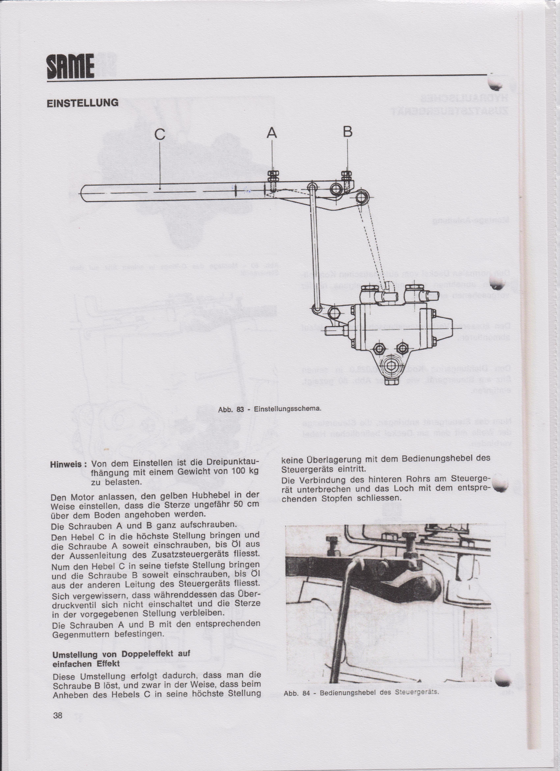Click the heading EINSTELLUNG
click(83, 103)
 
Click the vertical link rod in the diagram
click(315, 248)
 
